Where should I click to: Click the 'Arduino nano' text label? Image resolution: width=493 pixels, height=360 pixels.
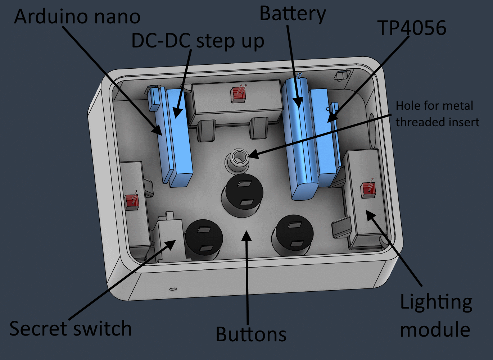[77, 17]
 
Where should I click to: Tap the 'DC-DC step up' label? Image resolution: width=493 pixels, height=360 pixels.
[198, 41]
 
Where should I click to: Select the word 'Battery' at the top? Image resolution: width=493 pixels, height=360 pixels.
[293, 14]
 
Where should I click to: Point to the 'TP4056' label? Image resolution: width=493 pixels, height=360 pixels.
[412, 28]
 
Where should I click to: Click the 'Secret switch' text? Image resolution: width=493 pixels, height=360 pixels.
[70, 329]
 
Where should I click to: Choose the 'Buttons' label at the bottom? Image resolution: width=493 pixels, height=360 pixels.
[251, 334]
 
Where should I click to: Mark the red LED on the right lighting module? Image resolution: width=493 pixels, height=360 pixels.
[368, 190]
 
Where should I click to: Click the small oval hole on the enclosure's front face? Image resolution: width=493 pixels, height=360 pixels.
[173, 288]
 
